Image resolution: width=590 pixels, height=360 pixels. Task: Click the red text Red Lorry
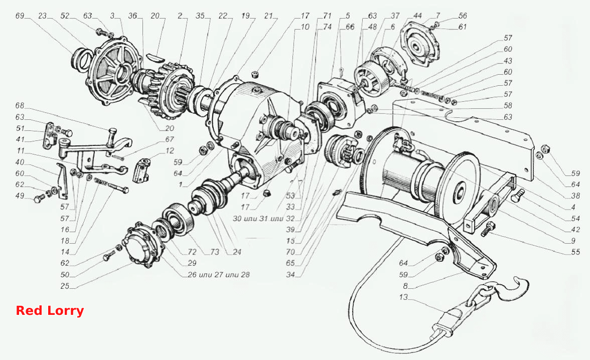(50, 311)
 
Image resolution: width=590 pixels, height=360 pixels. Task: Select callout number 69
(20, 16)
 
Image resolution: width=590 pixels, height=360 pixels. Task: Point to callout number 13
(403, 297)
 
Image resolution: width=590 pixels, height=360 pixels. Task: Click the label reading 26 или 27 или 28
(219, 275)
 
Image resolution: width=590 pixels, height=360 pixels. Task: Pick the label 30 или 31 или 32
(264, 218)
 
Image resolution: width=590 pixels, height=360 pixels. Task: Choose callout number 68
(20, 106)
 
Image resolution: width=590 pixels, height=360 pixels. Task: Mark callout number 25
(65, 286)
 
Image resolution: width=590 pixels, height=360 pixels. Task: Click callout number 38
(576, 196)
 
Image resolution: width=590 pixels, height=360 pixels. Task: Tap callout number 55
(576, 252)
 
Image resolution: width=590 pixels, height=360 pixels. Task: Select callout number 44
(417, 16)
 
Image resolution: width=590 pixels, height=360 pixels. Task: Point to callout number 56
(463, 16)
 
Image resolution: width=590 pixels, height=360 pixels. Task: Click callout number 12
(170, 150)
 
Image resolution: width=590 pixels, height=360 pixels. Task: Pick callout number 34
(290, 275)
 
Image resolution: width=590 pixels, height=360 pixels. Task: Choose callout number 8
(405, 286)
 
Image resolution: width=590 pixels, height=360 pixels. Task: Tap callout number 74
(327, 27)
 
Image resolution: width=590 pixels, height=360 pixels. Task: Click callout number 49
(20, 196)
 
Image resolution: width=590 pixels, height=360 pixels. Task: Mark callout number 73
(215, 252)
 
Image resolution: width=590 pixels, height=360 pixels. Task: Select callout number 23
(42, 16)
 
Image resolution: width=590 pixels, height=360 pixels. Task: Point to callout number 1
(180, 185)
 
